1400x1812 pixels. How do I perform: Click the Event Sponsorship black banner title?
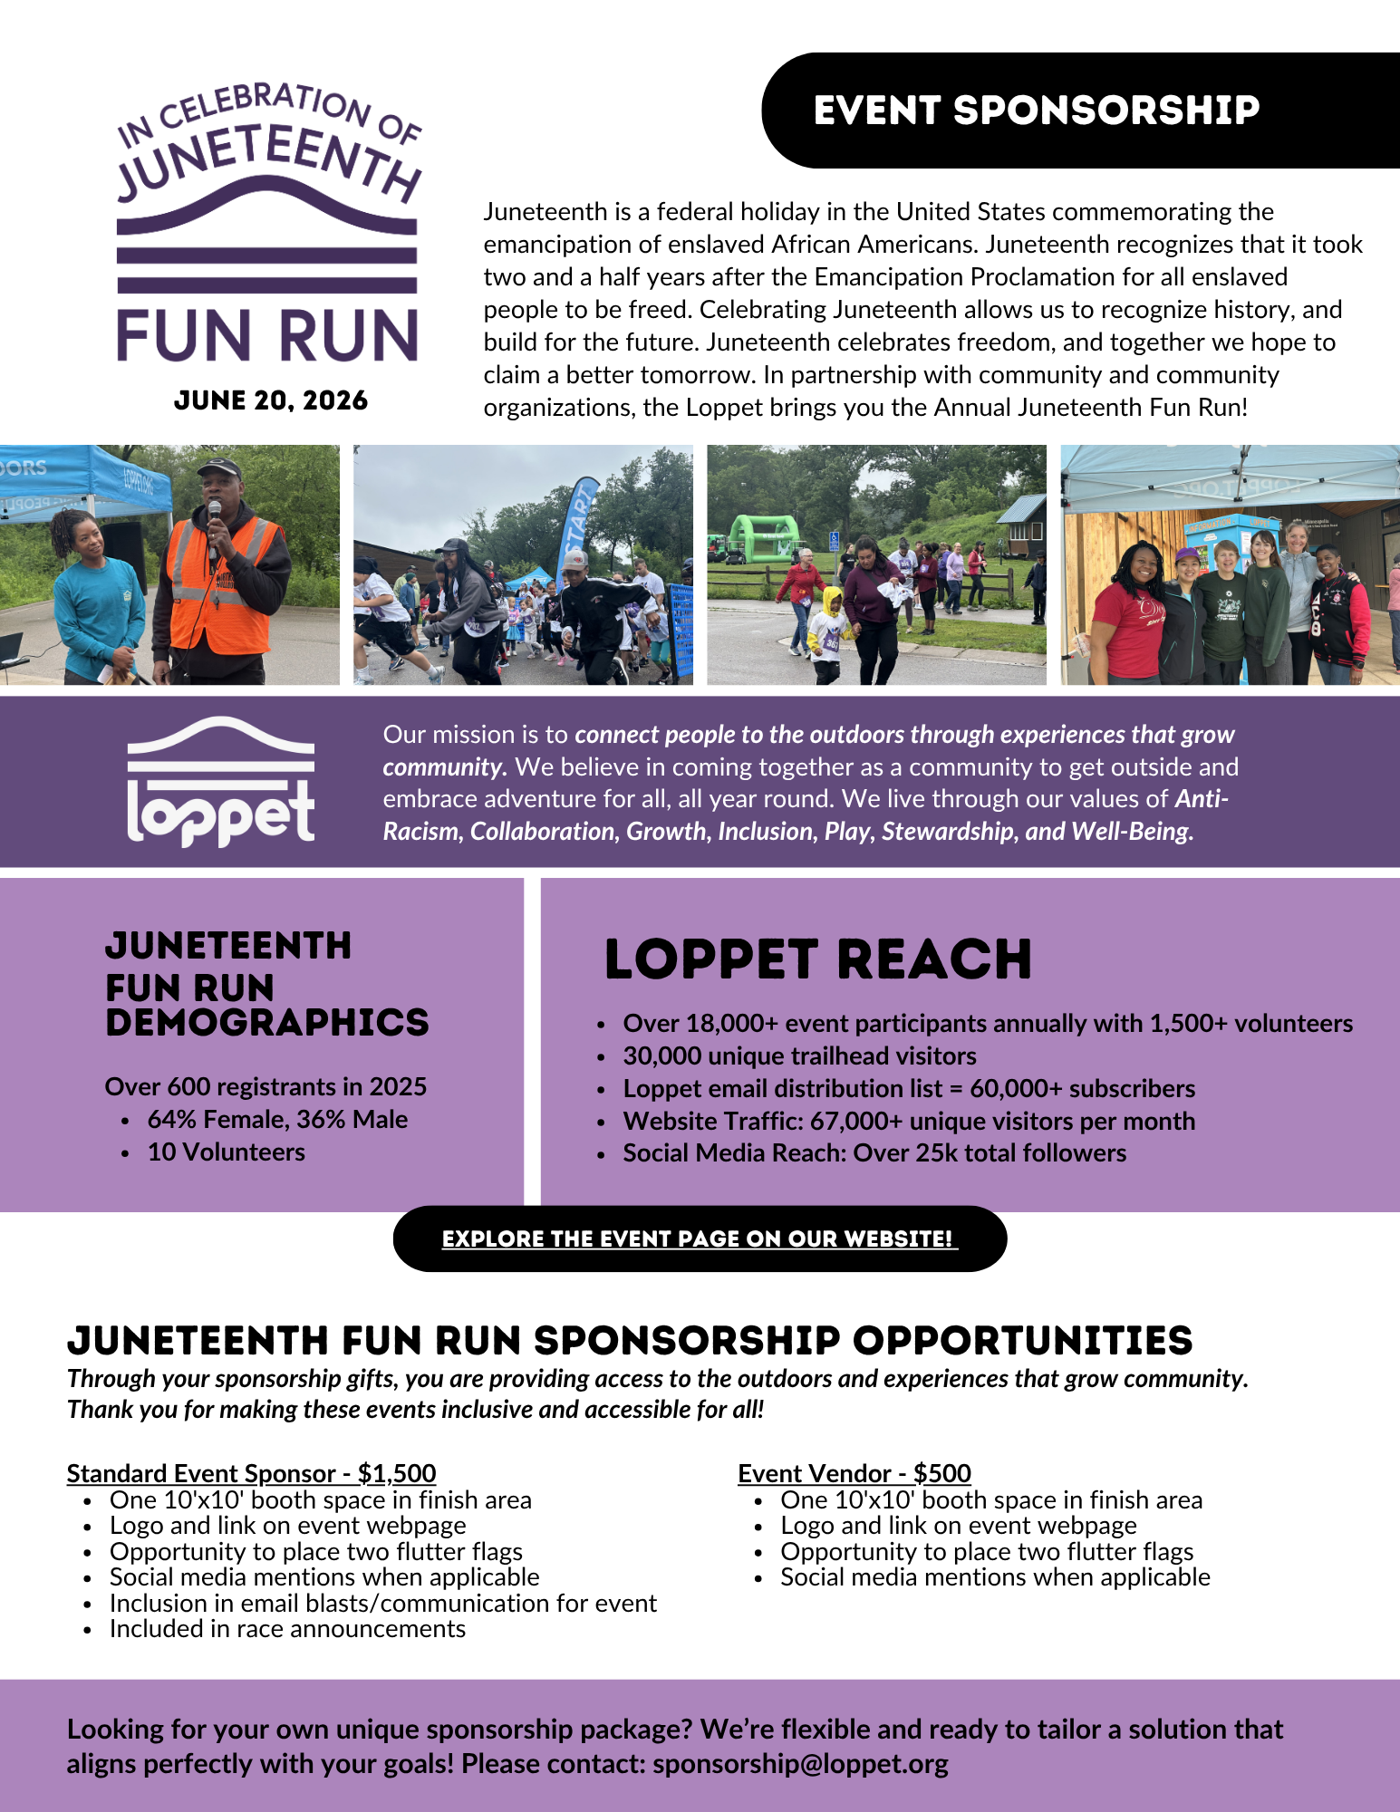[x=1036, y=111]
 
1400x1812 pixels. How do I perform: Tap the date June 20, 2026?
[x=270, y=400]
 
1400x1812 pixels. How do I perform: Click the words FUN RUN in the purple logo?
[x=267, y=336]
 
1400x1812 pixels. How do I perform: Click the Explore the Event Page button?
[x=699, y=1239]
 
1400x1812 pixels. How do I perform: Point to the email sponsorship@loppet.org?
[x=800, y=1764]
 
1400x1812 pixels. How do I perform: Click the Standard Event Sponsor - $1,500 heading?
[x=251, y=1473]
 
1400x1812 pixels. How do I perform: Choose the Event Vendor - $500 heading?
[x=854, y=1473]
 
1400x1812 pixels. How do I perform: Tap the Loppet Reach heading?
[x=817, y=959]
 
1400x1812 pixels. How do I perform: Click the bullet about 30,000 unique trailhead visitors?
[x=799, y=1055]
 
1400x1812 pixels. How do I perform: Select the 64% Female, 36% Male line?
[x=277, y=1119]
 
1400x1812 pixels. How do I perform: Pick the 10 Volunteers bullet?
[x=226, y=1152]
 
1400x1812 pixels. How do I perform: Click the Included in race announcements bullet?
[x=287, y=1628]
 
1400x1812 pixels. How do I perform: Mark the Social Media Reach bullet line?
[x=874, y=1152]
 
